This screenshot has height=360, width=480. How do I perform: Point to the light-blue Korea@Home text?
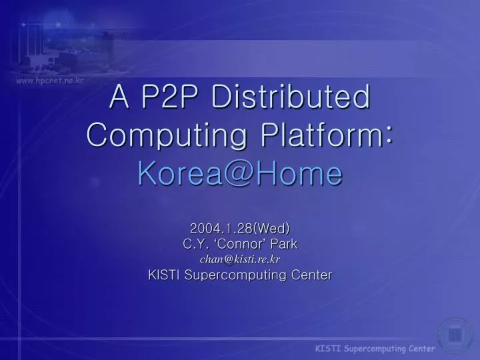(239, 174)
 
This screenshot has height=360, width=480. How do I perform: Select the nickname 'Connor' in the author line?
(241, 245)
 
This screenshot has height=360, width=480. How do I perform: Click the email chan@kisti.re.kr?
(239, 259)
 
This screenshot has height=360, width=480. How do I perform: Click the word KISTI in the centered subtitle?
(163, 274)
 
